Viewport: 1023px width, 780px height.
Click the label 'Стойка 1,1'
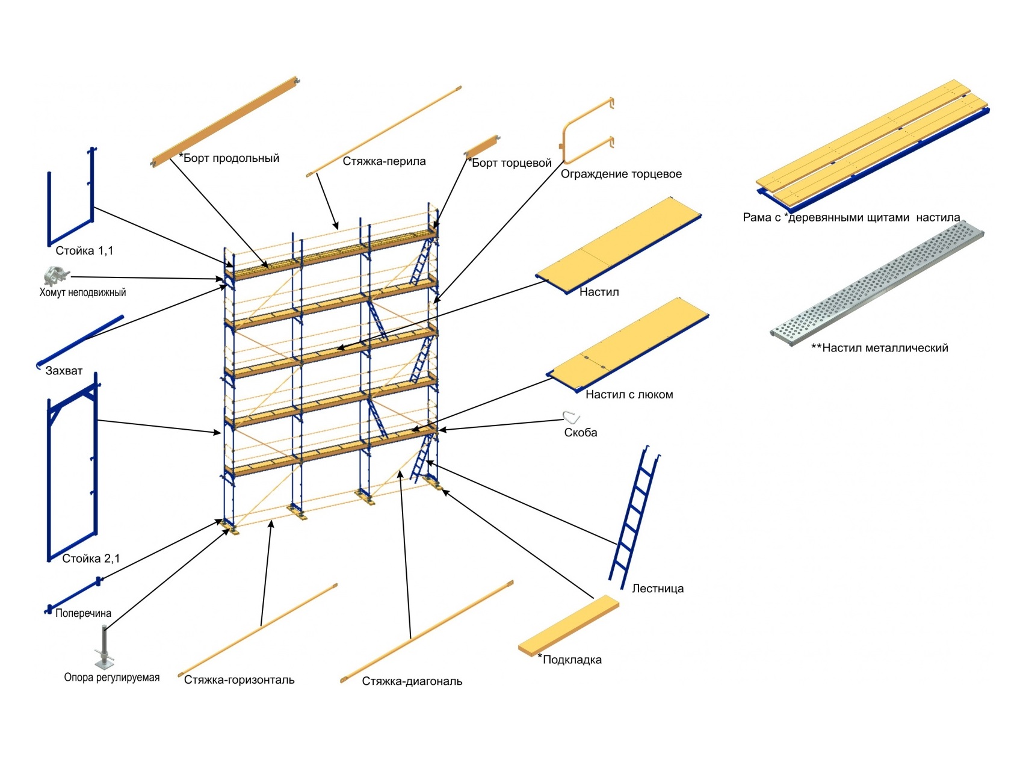point(84,251)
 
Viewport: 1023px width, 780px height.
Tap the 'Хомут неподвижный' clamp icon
point(55,276)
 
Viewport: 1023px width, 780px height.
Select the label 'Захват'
point(64,371)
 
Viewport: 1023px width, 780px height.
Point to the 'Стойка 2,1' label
point(91,559)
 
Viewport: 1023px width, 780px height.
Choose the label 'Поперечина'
point(83,613)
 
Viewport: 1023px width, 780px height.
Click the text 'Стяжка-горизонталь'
point(239,680)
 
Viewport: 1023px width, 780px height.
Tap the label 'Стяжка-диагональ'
point(412,681)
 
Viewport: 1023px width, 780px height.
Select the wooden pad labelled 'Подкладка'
point(568,626)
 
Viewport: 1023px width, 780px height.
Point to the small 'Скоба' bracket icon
point(570,417)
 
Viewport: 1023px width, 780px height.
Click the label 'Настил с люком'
point(629,395)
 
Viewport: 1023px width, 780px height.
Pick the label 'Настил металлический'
point(879,348)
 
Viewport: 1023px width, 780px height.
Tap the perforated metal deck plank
point(877,282)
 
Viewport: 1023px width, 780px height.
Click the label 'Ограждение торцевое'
point(621,174)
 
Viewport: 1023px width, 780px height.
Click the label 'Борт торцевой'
point(510,163)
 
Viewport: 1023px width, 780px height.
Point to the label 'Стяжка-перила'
point(384,161)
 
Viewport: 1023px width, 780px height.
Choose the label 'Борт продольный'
point(230,158)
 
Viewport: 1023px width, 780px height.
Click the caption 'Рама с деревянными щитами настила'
point(851,217)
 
